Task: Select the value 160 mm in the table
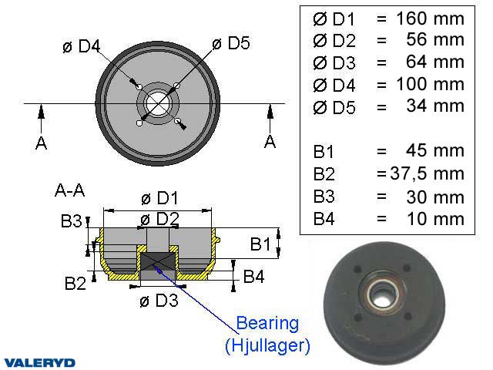(431, 18)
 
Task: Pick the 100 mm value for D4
(431, 84)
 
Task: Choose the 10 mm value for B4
(435, 218)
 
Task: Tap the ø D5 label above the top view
(230, 44)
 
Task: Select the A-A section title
(71, 188)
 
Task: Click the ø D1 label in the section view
(160, 198)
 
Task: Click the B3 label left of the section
(72, 222)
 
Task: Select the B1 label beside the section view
(261, 244)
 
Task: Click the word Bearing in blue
(266, 322)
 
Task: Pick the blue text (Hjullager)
(267, 346)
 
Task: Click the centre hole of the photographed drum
(384, 293)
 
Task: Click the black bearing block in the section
(157, 266)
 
